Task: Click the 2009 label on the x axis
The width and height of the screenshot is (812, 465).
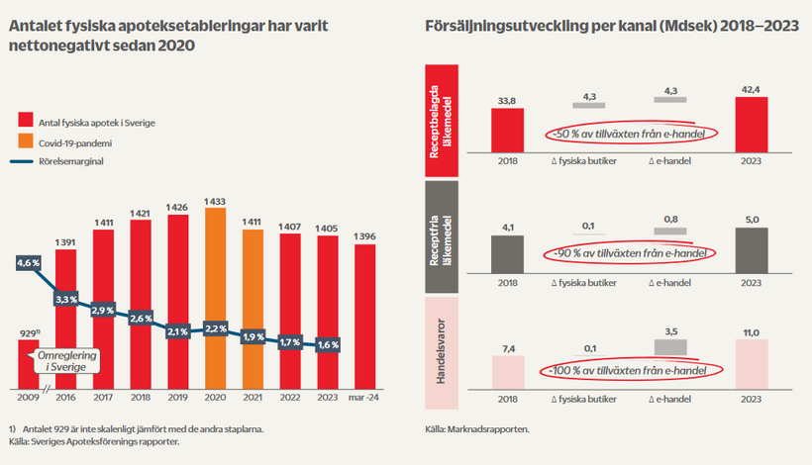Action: click(30, 398)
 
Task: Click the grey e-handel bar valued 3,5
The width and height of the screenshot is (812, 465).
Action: click(672, 346)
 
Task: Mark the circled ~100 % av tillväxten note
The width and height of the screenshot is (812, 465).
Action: click(631, 373)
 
